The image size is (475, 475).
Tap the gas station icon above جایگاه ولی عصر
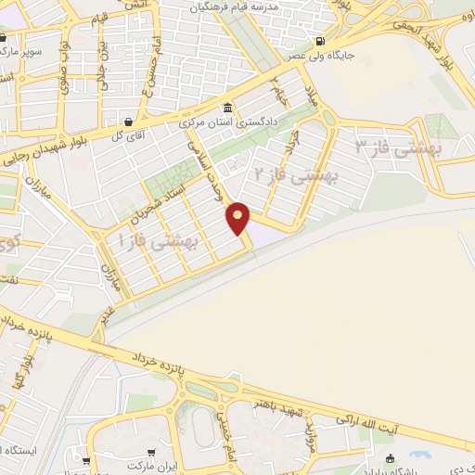(320, 41)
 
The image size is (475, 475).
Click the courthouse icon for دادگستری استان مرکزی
(228, 107)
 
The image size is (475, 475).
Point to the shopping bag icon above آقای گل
(127, 122)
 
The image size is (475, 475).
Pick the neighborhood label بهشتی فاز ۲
(298, 173)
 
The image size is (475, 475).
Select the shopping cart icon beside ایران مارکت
(85, 460)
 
